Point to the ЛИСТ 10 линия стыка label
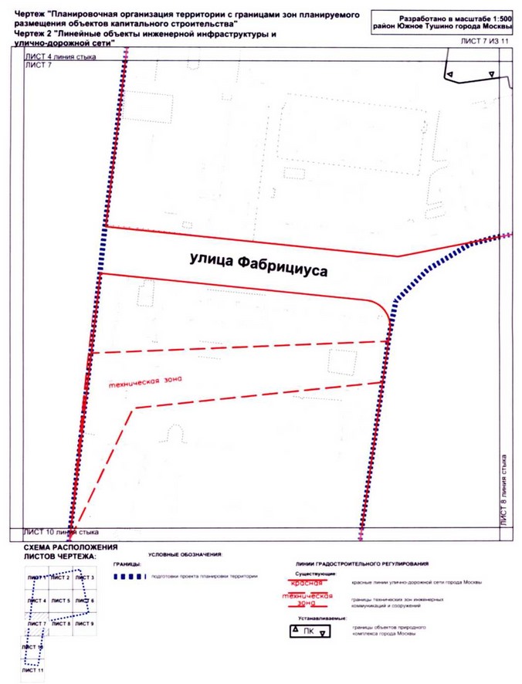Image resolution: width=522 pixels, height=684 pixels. (63, 532)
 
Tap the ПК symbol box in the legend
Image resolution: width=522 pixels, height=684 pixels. (309, 631)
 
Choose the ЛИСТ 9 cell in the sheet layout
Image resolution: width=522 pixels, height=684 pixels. (85, 622)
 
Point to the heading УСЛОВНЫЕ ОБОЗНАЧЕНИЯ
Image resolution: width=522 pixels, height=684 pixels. (185, 554)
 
